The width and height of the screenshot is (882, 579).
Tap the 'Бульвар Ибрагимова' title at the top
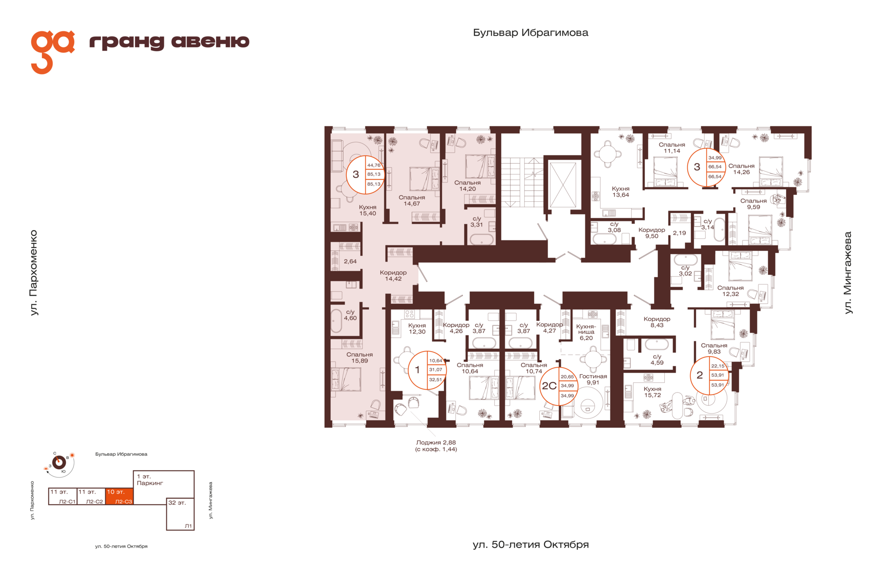click(531, 33)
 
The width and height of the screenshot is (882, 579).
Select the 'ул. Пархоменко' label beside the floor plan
click(34, 272)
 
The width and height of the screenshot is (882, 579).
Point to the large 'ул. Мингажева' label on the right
click(848, 272)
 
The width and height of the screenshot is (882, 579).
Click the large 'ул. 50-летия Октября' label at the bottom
click(531, 545)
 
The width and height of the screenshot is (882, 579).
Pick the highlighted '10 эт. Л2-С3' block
click(119, 496)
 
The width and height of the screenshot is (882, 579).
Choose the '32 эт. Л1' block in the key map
click(180, 514)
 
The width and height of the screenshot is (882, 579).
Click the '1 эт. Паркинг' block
click(164, 484)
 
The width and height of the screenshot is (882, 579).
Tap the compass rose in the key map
click(59, 462)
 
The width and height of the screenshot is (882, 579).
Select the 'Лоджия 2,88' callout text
click(436, 443)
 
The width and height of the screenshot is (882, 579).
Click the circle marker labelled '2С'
click(559, 386)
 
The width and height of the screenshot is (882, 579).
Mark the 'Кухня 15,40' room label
click(367, 210)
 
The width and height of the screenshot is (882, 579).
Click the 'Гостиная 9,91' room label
click(593, 379)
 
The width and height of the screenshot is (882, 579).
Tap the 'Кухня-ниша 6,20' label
click(586, 332)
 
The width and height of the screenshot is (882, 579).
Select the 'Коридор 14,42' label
click(393, 276)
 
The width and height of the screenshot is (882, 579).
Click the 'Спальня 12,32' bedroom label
click(730, 291)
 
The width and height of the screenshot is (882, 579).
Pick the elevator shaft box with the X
click(563, 185)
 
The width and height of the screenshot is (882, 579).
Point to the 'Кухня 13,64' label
click(621, 192)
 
